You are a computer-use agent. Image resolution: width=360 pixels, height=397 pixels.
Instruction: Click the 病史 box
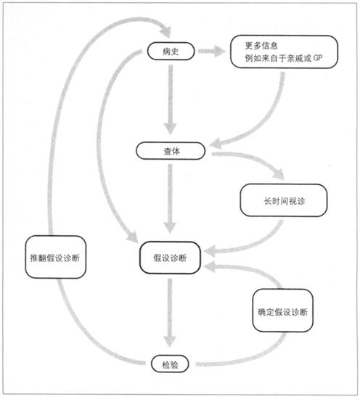[171, 51]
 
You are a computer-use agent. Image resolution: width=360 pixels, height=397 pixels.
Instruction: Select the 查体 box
[171, 151]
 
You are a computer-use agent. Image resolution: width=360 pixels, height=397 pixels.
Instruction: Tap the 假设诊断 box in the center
[170, 258]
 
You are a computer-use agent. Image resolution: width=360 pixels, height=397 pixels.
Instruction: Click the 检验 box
[170, 364]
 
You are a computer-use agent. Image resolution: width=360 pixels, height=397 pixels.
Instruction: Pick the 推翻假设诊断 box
[55, 257]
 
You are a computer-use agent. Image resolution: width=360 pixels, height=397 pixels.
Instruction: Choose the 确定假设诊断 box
[283, 311]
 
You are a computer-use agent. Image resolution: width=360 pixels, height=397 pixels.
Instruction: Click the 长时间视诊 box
[284, 200]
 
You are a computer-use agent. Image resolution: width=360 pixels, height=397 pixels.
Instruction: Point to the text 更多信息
[261, 46]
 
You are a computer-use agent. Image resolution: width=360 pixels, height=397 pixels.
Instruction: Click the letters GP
[318, 58]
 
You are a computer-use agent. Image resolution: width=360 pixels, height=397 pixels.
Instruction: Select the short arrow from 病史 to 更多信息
[212, 51]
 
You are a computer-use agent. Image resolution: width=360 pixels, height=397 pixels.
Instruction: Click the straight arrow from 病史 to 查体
[171, 99]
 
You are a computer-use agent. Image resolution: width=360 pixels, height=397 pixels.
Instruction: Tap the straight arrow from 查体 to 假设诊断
[170, 199]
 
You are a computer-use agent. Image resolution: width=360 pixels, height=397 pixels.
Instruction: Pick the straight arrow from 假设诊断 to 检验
[170, 313]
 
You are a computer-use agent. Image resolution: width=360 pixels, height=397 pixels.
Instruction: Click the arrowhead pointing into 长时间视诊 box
[279, 174]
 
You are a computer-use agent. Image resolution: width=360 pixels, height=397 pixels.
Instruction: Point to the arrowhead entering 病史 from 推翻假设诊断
[166, 32]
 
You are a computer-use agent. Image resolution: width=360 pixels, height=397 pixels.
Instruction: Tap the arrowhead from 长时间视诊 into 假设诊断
[210, 251]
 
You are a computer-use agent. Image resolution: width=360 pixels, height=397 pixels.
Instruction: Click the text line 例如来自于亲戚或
[278, 58]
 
